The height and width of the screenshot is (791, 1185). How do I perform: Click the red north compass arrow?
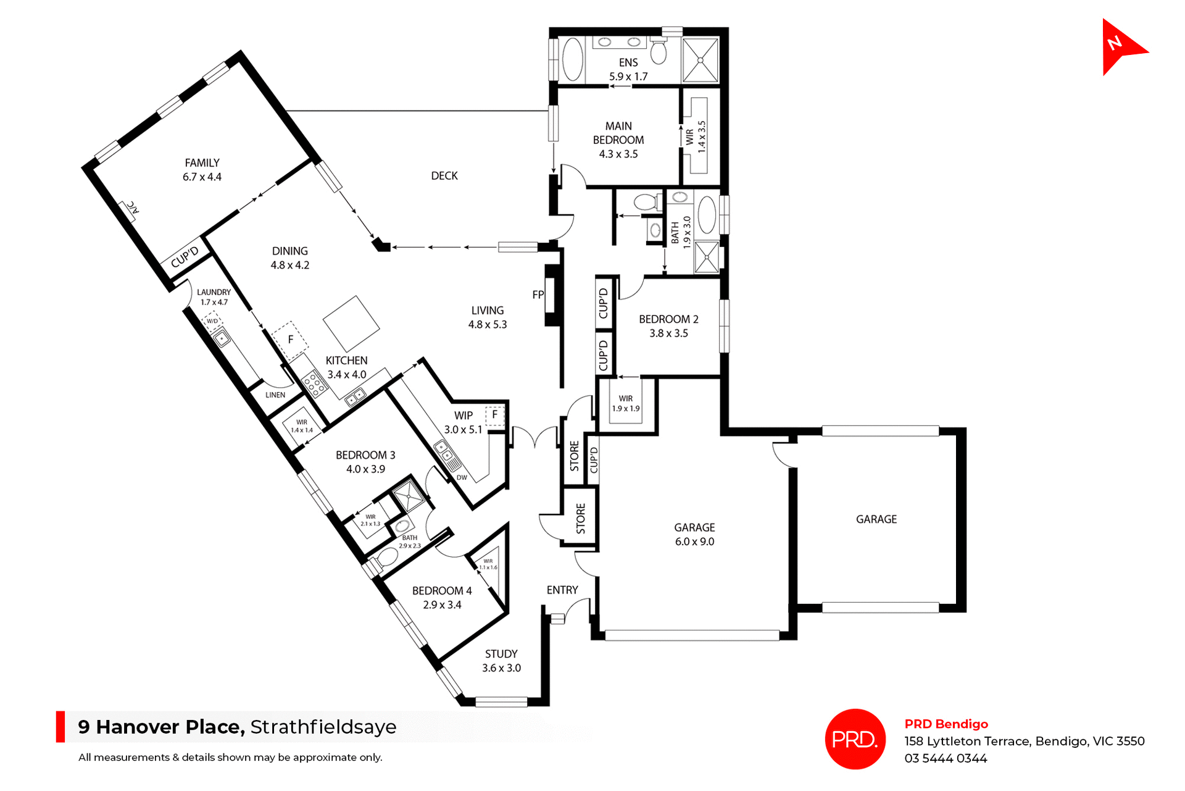pyautogui.click(x=1120, y=47)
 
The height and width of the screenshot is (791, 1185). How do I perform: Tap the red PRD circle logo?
pyautogui.click(x=855, y=739)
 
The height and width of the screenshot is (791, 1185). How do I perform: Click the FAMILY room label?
pyautogui.click(x=202, y=163)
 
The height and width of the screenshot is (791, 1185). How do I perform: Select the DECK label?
pyautogui.click(x=444, y=176)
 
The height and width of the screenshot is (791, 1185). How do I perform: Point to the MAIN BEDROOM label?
pyautogui.click(x=618, y=133)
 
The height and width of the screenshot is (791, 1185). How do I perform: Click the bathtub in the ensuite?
pyautogui.click(x=573, y=59)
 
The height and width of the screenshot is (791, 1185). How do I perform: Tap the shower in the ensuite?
pyautogui.click(x=701, y=60)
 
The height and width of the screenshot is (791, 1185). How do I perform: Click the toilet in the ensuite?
pyautogui.click(x=659, y=51)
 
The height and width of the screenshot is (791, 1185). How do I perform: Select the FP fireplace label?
pyautogui.click(x=538, y=295)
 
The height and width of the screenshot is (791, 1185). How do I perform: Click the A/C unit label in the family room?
pyautogui.click(x=133, y=208)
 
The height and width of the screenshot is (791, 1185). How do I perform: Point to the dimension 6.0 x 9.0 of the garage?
pyautogui.click(x=694, y=542)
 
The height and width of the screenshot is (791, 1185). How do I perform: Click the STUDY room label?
pyautogui.click(x=501, y=654)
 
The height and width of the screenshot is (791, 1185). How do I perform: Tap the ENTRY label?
pyautogui.click(x=562, y=590)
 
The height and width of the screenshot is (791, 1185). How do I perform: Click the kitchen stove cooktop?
pyautogui.click(x=314, y=383)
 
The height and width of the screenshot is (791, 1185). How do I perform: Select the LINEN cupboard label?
pyautogui.click(x=275, y=395)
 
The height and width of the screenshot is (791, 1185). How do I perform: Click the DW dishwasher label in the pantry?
pyautogui.click(x=462, y=477)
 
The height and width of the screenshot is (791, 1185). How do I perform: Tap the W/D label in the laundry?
pyautogui.click(x=212, y=321)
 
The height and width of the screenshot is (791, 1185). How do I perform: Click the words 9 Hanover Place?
pyautogui.click(x=161, y=727)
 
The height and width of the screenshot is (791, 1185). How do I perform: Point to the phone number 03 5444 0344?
pyautogui.click(x=946, y=759)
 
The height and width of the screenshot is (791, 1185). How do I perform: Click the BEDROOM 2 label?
pyautogui.click(x=668, y=319)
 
